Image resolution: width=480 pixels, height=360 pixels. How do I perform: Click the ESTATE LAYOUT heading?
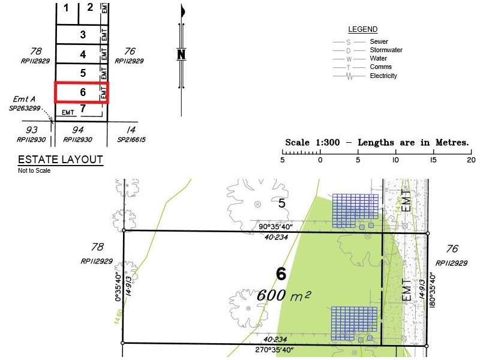point(60,160)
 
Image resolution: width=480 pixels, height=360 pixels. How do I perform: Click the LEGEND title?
point(362,29)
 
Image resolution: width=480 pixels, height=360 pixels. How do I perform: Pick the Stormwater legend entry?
point(386,50)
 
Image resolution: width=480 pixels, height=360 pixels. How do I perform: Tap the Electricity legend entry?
point(383,76)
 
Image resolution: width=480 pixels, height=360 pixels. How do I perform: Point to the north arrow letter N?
point(181,55)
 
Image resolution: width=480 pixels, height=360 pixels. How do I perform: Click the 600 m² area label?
point(284,295)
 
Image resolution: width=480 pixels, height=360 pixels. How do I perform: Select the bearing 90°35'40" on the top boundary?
point(275,226)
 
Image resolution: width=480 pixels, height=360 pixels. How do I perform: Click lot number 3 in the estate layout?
point(83,35)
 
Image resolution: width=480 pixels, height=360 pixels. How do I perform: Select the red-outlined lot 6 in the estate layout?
point(82,92)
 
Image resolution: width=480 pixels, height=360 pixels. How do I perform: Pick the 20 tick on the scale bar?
point(471,160)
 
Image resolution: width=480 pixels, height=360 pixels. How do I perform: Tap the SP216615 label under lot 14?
point(133,139)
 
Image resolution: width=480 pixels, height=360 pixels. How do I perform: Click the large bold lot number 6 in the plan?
point(280,274)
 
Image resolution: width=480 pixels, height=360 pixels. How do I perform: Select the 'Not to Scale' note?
point(34,170)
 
